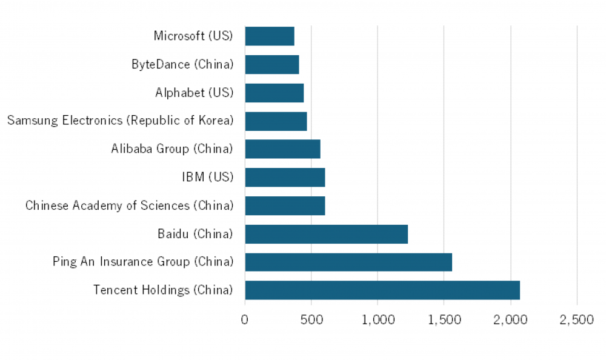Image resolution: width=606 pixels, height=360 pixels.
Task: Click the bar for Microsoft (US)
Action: pyautogui.click(x=270, y=36)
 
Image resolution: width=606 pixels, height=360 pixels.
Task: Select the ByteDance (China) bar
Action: pyautogui.click(x=272, y=64)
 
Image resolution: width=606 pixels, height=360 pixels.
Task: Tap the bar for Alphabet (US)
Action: pyautogui.click(x=275, y=93)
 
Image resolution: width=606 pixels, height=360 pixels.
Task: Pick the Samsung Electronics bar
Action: pyautogui.click(x=276, y=121)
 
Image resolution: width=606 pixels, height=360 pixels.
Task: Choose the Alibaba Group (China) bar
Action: pyautogui.click(x=282, y=148)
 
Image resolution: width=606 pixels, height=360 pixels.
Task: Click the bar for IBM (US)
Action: pyautogui.click(x=285, y=177)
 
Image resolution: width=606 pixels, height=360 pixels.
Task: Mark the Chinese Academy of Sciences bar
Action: pyautogui.click(x=285, y=205)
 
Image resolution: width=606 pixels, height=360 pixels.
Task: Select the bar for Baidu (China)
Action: pyautogui.click(x=326, y=233)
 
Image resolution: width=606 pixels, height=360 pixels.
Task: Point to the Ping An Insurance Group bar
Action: pyautogui.click(x=348, y=262)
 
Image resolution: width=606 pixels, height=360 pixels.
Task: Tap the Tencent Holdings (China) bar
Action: pyautogui.click(x=382, y=290)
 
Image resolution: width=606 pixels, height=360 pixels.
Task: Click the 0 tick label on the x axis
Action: pyautogui.click(x=245, y=319)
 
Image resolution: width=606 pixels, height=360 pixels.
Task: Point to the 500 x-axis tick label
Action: pyautogui.click(x=311, y=319)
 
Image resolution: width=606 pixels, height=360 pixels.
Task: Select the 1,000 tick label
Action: pyautogui.click(x=378, y=319)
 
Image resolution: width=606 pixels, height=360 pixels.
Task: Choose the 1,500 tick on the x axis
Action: pyautogui.click(x=444, y=319)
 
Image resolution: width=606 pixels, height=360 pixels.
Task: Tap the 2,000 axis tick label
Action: pyautogui.click(x=510, y=319)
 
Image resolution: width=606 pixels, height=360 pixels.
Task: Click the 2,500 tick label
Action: pyautogui.click(x=576, y=319)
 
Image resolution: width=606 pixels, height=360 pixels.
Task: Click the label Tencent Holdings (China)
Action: pyautogui.click(x=163, y=290)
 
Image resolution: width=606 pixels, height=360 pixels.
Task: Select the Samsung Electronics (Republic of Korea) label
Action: pyautogui.click(x=120, y=121)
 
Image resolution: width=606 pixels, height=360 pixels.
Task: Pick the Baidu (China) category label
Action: pyautogui.click(x=195, y=233)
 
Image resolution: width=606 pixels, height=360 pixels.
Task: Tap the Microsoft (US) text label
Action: pyautogui.click(x=193, y=36)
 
